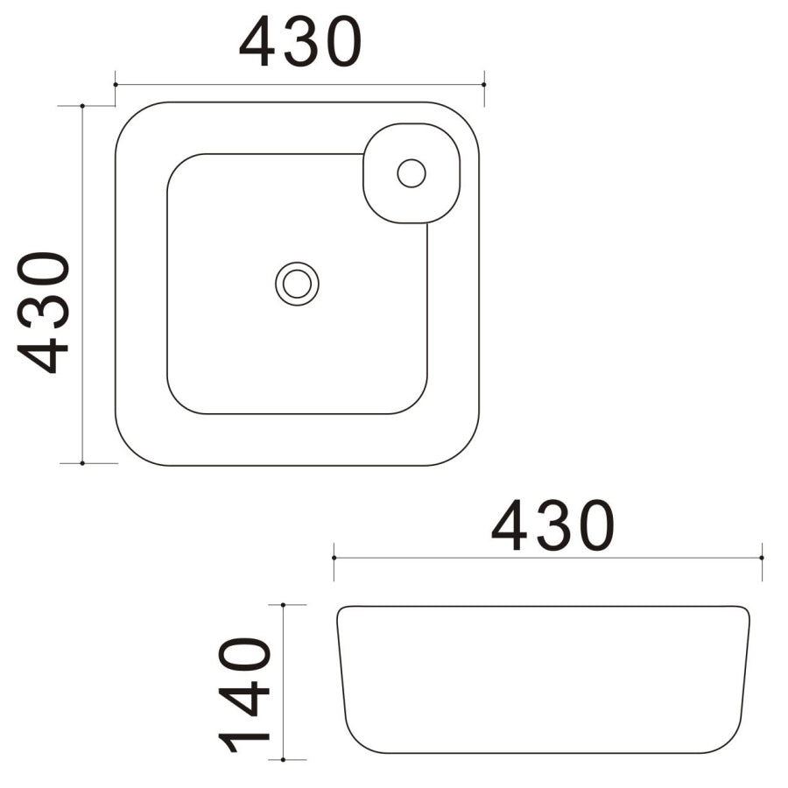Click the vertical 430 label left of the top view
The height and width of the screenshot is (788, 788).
[x=45, y=313]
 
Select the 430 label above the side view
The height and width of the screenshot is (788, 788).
[x=552, y=525]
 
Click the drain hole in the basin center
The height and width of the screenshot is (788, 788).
[x=297, y=284]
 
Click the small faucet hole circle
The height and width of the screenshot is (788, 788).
[x=411, y=172]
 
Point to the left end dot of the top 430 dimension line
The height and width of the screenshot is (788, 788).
[x=116, y=85]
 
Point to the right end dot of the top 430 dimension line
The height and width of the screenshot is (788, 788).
[x=484, y=85]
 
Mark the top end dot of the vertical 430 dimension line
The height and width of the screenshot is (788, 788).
[x=82, y=106]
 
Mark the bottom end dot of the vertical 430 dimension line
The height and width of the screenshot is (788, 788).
[x=82, y=462]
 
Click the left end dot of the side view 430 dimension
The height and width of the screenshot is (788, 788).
[x=334, y=557]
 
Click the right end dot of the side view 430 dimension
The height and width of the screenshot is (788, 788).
[x=762, y=557]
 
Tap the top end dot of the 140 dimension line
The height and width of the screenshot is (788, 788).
[x=284, y=605]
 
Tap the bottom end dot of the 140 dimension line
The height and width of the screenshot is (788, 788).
[x=284, y=759]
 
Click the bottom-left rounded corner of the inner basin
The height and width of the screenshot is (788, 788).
[x=179, y=401]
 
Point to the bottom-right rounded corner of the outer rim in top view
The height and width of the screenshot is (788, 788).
[x=461, y=447]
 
